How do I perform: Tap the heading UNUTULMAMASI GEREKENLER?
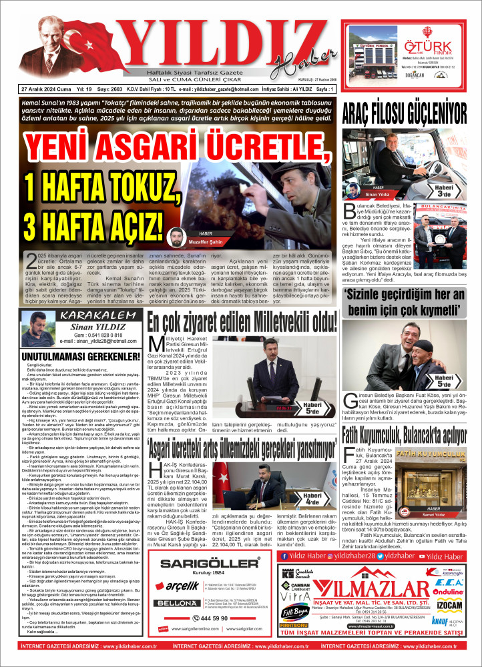coord(68,357)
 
